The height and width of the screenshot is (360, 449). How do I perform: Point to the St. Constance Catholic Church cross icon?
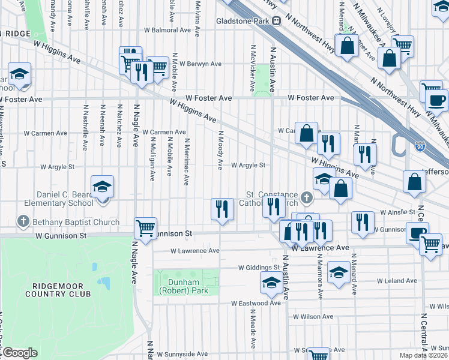tap(307, 197)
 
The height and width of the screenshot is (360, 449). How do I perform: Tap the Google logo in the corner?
tap(19, 353)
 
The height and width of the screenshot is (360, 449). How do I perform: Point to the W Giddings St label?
tap(259, 268)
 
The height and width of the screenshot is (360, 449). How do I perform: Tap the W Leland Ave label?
tap(399, 280)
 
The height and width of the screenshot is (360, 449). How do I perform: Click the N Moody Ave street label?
tap(220, 150)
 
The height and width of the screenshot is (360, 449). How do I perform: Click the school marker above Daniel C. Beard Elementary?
tap(102, 187)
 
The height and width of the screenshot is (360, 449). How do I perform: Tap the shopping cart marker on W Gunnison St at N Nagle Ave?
tap(145, 228)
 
